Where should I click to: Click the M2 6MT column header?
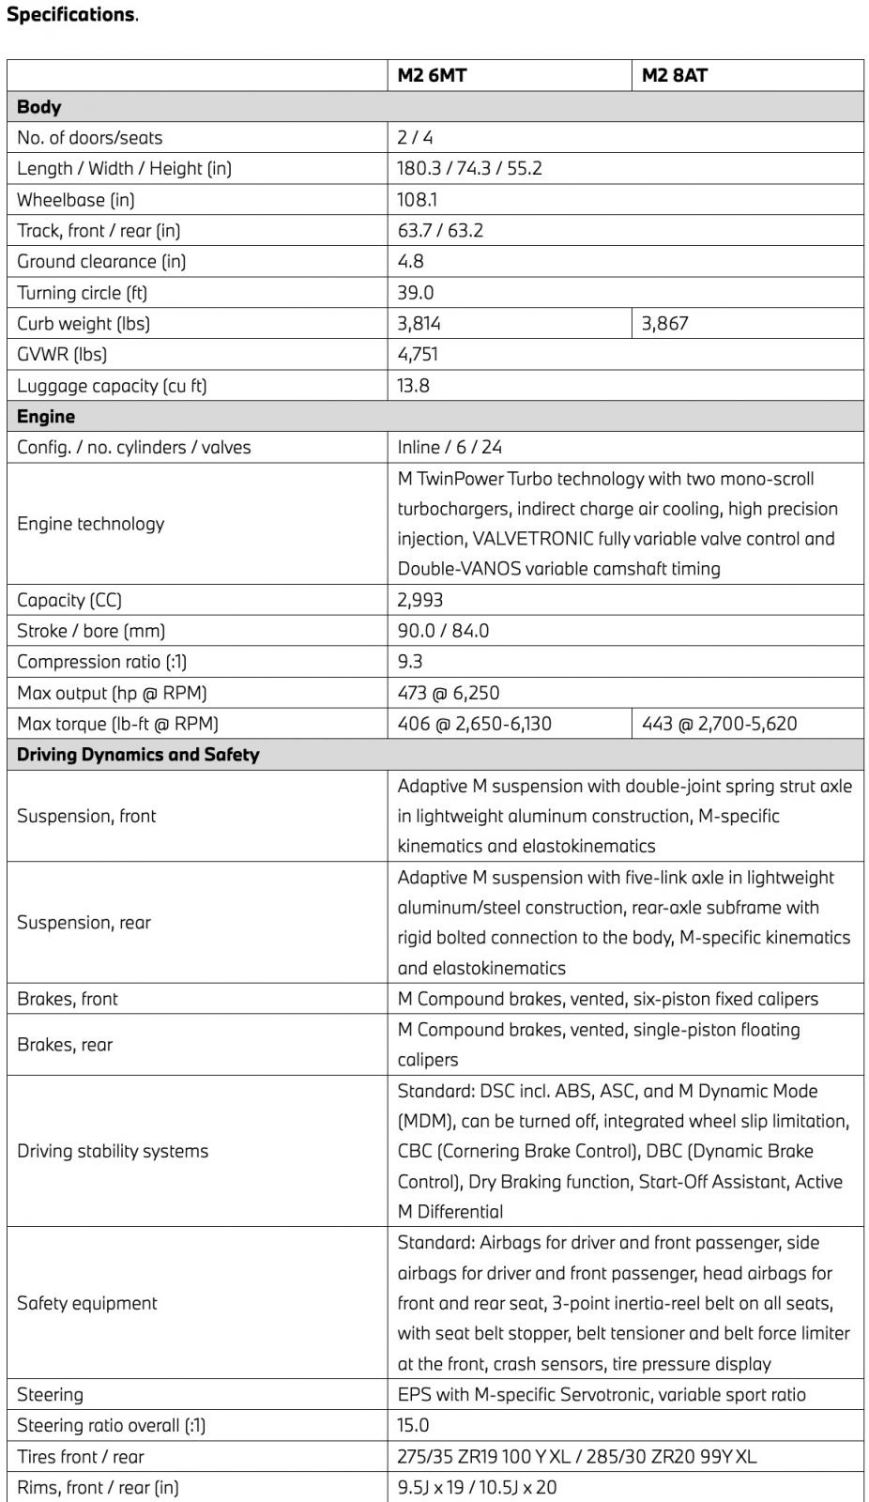[432, 75]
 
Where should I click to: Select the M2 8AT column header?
[675, 75]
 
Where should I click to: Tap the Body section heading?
[39, 106]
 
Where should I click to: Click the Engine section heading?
[46, 416]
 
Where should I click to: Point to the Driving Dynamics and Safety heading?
[138, 754]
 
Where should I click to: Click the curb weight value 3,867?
[665, 323]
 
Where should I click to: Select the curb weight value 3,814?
[419, 323]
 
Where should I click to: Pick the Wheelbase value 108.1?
[418, 199]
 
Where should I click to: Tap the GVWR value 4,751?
[418, 354]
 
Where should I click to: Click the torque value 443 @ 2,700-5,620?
[720, 723]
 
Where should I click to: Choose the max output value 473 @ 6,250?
[449, 693]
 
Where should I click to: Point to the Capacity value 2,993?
[419, 599]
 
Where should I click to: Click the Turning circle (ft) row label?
[82, 292]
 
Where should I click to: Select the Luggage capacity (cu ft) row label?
[112, 385]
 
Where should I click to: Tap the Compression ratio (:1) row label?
[101, 661]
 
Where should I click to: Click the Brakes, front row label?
[68, 999]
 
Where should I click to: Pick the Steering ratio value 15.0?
[413, 1425]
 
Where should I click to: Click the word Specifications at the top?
[70, 14]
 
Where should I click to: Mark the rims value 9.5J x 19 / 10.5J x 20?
[477, 1487]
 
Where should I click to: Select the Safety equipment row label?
[87, 1303]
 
